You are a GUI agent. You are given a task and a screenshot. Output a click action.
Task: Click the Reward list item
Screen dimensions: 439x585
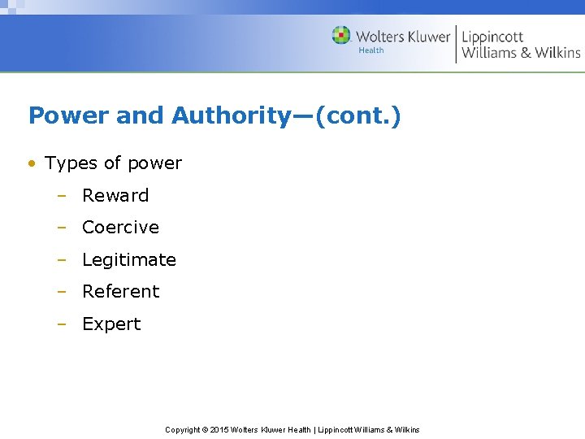(x=115, y=195)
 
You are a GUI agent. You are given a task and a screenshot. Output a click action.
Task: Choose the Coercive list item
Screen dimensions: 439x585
(x=120, y=228)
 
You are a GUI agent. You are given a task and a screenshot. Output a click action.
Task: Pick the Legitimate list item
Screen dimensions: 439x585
(x=128, y=260)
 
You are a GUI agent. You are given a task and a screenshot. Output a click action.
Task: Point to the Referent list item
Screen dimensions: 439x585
(x=120, y=292)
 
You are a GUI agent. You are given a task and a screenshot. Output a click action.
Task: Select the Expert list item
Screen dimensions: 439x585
(x=111, y=324)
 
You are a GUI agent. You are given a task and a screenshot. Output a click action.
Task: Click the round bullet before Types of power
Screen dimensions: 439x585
(x=32, y=163)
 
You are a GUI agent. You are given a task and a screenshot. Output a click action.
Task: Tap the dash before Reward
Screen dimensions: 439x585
(x=61, y=196)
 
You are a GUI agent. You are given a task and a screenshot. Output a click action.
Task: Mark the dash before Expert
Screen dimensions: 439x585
(x=61, y=324)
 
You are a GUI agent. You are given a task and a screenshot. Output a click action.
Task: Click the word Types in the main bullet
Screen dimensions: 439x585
(x=71, y=163)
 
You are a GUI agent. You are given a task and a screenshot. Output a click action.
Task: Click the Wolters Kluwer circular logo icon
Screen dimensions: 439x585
(x=341, y=35)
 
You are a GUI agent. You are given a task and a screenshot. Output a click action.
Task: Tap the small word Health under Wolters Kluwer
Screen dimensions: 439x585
(x=371, y=50)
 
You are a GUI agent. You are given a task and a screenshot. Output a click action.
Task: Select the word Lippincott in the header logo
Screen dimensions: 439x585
(x=492, y=37)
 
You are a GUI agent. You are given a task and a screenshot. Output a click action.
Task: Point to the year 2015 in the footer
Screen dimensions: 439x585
(x=219, y=430)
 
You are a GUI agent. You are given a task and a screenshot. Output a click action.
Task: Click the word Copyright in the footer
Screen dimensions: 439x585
(x=182, y=430)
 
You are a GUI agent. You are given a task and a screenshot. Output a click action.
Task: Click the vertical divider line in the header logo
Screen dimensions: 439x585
(x=456, y=44)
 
